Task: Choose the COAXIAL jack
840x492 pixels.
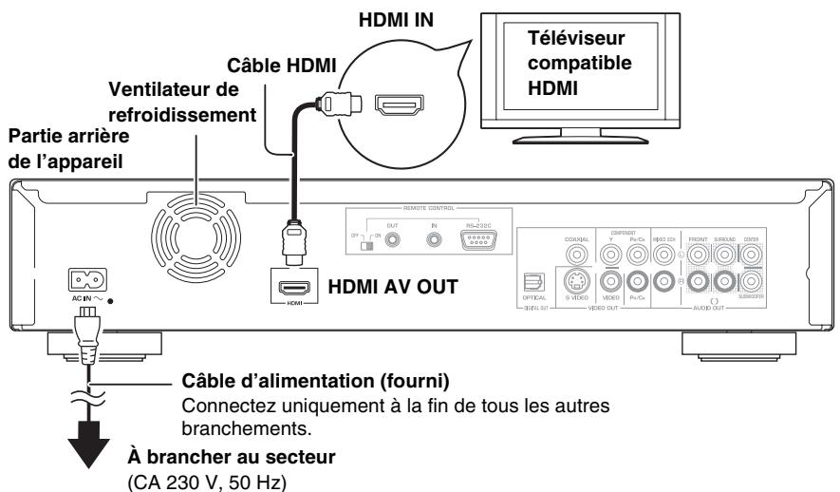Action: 576,251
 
